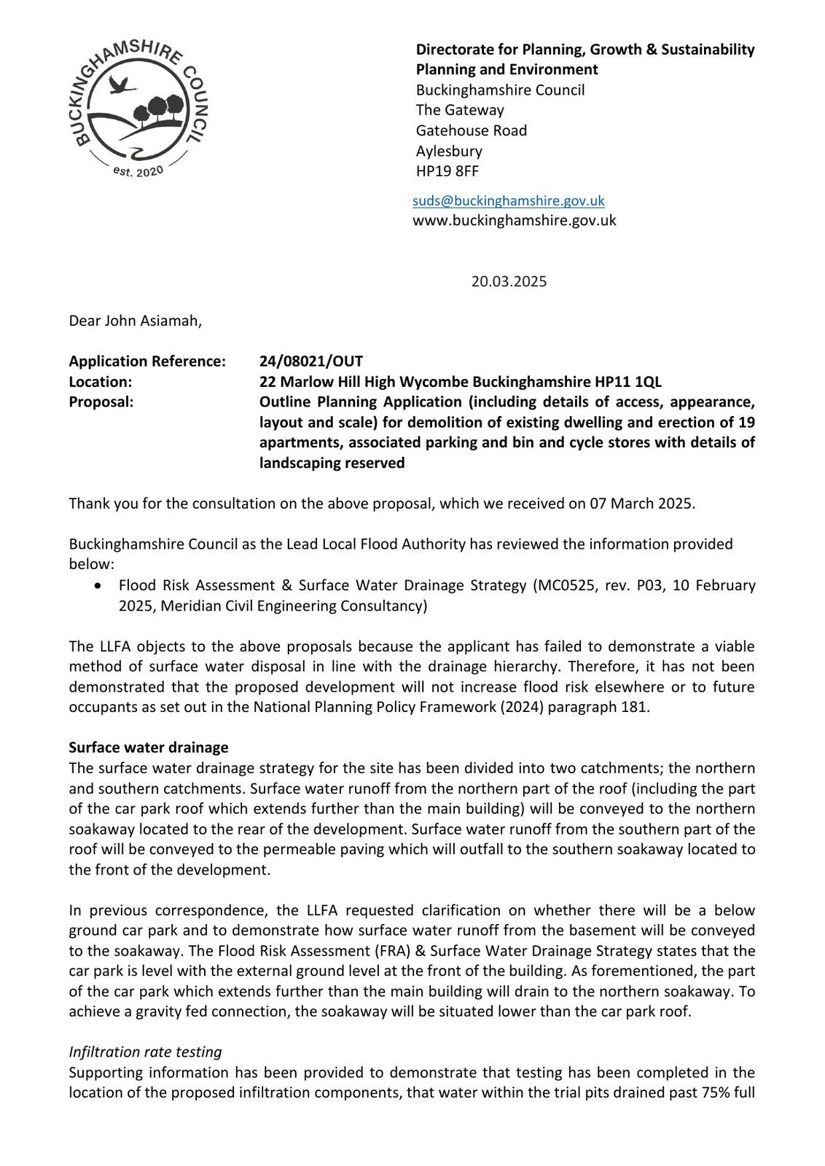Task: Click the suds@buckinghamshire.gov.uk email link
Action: click(x=508, y=200)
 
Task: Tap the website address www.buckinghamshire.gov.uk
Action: click(x=514, y=220)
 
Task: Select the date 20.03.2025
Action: click(x=509, y=281)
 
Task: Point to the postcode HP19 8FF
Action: click(x=447, y=171)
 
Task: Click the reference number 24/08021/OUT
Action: click(x=311, y=361)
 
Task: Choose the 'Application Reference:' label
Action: click(x=147, y=361)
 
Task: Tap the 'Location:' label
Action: click(x=101, y=382)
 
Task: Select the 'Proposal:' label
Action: click(x=101, y=402)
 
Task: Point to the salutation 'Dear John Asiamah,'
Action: click(x=135, y=321)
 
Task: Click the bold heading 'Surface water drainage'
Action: click(x=149, y=748)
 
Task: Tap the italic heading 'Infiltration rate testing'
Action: click(x=145, y=1052)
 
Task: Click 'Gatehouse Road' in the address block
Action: click(x=471, y=130)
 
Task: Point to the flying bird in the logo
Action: click(x=122, y=86)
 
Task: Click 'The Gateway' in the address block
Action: click(x=460, y=110)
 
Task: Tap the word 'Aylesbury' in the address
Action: click(x=449, y=151)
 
